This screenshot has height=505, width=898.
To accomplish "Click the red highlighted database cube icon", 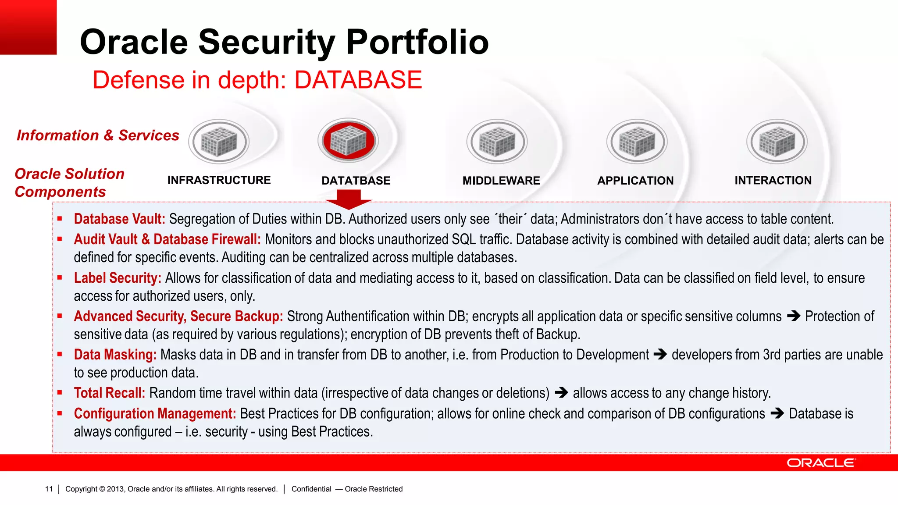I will pyautogui.click(x=348, y=141).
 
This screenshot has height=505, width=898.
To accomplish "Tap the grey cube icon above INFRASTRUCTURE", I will pyautogui.click(x=219, y=142).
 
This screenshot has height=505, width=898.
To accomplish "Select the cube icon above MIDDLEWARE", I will pyautogui.click(x=497, y=142).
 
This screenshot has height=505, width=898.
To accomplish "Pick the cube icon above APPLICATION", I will pyautogui.click(x=637, y=142).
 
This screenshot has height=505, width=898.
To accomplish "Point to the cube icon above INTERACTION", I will pyautogui.click(x=777, y=142).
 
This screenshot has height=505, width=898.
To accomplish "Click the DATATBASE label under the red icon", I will pyautogui.click(x=356, y=181).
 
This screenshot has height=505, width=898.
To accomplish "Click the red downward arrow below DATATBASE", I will pyautogui.click(x=349, y=199).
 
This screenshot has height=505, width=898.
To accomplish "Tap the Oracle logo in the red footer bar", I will pyautogui.click(x=820, y=463).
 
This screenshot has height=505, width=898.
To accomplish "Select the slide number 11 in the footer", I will pyautogui.click(x=49, y=489).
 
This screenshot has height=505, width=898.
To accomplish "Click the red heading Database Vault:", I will pyautogui.click(x=119, y=219).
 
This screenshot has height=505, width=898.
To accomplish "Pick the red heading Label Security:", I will pyautogui.click(x=117, y=278).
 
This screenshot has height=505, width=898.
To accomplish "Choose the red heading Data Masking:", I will pyautogui.click(x=115, y=355).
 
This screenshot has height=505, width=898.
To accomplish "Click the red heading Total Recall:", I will pyautogui.click(x=109, y=393).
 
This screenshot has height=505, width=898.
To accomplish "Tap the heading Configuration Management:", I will pyautogui.click(x=155, y=413).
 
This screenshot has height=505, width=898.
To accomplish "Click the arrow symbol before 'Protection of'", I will pyautogui.click(x=794, y=316).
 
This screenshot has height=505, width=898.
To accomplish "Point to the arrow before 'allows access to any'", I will pyautogui.click(x=561, y=393).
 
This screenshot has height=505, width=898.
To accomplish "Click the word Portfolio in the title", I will pyautogui.click(x=417, y=42).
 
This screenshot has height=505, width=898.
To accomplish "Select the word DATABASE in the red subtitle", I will pyautogui.click(x=358, y=80).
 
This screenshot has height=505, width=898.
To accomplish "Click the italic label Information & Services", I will pyautogui.click(x=98, y=135).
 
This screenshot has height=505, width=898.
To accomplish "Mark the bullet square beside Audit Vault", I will pyautogui.click(x=60, y=239).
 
